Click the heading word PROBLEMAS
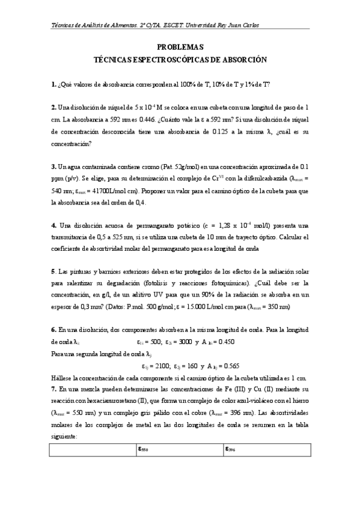point(180,47)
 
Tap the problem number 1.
point(53,85)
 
